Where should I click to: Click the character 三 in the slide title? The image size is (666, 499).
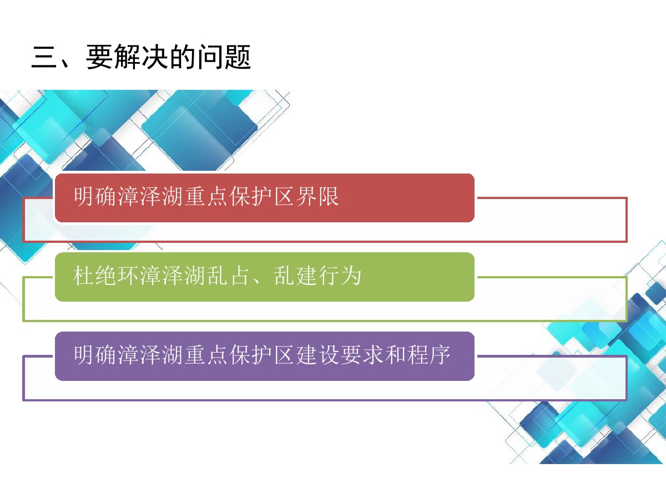point(44,57)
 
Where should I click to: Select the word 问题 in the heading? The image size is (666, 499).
point(225,57)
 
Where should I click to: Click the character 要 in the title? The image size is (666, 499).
point(99,57)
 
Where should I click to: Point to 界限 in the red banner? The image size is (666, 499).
point(317,197)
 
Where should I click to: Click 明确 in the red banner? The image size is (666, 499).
point(95,197)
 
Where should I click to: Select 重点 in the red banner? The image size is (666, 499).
point(206,197)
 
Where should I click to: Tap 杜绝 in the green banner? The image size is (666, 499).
point(94,276)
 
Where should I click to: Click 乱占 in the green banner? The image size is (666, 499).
point(228,276)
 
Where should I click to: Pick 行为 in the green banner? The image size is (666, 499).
point(340,276)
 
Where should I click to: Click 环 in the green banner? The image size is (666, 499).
point(128,276)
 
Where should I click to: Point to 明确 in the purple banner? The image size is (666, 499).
point(95,355)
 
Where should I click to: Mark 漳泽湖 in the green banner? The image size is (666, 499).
point(172,276)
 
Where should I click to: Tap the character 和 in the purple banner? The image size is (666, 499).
point(395,355)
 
